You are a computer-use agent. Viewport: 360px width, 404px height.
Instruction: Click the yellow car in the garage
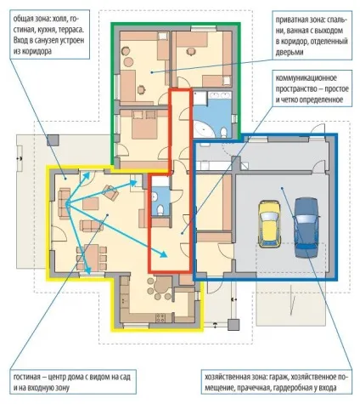(x=269, y=224)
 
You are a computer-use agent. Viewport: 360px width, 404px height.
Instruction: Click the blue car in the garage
(x=307, y=228)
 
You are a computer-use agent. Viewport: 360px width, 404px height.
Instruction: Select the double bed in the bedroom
(x=144, y=125)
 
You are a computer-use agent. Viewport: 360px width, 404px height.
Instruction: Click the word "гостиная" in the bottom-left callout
(x=25, y=378)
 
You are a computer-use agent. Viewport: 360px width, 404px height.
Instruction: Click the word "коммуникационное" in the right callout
(x=307, y=78)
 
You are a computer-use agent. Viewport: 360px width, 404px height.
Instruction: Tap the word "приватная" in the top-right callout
(x=290, y=20)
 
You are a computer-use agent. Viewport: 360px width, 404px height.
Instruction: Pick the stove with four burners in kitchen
(x=160, y=317)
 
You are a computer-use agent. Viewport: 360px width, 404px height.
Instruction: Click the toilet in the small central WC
(x=160, y=209)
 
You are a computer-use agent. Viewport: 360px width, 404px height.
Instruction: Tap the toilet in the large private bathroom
(x=224, y=132)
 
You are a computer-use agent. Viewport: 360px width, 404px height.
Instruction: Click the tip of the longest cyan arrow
(x=167, y=257)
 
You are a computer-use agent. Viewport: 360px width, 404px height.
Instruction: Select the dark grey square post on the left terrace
(x=53, y=140)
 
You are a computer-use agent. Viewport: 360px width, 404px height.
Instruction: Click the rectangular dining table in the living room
(x=92, y=258)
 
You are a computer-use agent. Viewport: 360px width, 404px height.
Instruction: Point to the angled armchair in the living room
(x=110, y=193)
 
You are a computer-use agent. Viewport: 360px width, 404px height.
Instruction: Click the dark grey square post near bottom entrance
(x=233, y=325)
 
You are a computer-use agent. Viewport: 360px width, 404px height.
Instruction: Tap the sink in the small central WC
(x=155, y=196)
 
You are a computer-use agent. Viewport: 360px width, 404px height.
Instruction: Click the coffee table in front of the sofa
(x=91, y=203)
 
